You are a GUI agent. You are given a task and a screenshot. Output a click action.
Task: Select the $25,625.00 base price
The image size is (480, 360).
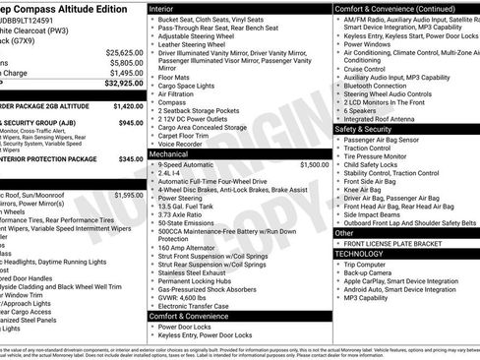click(x=125, y=51)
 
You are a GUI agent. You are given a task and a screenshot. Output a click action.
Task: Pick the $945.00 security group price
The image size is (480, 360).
click(x=131, y=123)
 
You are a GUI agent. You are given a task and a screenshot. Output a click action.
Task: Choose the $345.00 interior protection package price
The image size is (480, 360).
click(x=131, y=157)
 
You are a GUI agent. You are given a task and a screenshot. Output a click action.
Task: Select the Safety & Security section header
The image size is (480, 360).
click(x=370, y=129)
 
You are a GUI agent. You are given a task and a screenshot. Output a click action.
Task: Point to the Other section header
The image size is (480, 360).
click(x=344, y=233)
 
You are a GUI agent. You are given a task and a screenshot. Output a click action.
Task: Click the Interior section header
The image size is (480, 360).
click(x=161, y=7)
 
